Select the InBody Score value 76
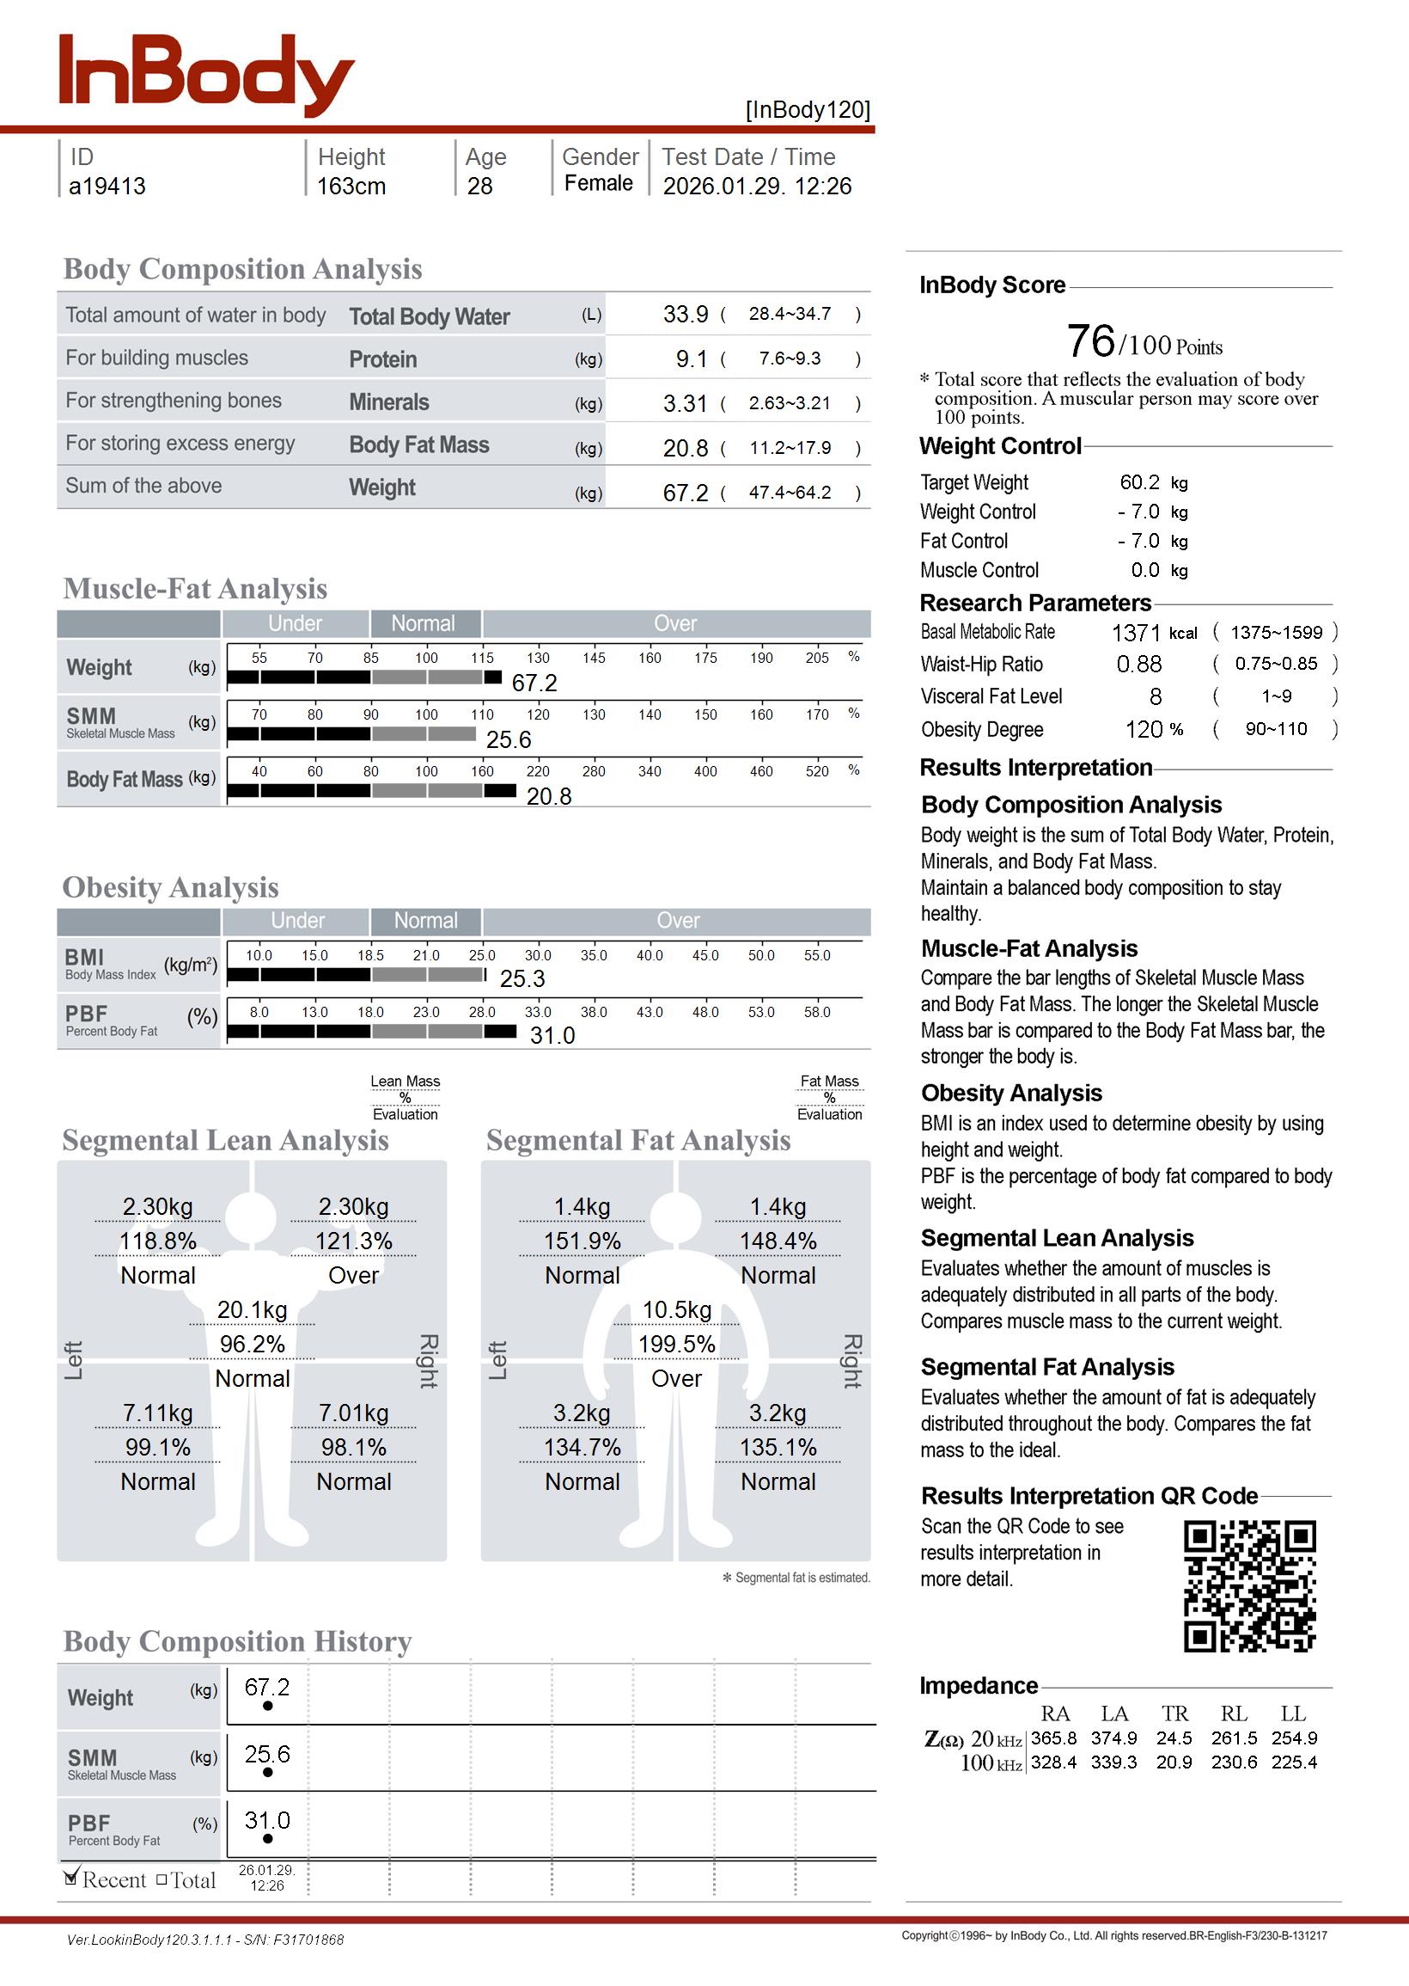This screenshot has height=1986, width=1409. pos(1090,341)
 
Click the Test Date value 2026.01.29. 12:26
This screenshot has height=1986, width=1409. pos(757,187)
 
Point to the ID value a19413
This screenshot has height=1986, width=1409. pos(107,187)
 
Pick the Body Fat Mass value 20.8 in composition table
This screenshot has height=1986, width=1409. pos(686,449)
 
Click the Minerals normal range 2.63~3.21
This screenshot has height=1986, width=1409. pos(790,403)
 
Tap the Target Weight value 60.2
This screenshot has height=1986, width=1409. pos(1139,482)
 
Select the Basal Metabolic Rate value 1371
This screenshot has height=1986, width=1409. pos(1136,633)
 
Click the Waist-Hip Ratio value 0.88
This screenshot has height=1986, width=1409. pos(1139,665)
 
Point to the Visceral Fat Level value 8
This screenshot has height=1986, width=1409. pos(1156,697)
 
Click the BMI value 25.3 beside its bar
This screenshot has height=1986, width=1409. pos(522,979)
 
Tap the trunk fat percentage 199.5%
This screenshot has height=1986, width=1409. pos(677,1345)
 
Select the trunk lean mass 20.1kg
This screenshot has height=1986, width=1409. pos(253,1310)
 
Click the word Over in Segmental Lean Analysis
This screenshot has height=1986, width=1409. pos(353,1275)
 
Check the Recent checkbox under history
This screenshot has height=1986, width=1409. pos(72,1879)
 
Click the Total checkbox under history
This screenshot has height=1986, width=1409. pos(162,1880)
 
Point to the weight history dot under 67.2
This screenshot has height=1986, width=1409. pos(267,1706)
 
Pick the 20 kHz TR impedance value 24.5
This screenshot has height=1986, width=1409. pos(1174,1738)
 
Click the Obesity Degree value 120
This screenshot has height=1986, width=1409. pos(1144,730)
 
